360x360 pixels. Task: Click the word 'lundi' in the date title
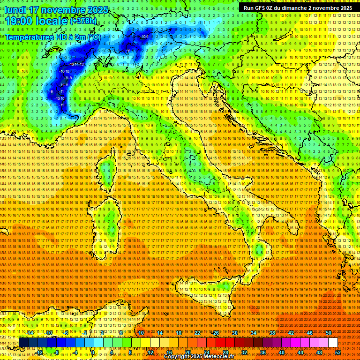(x=15, y=10)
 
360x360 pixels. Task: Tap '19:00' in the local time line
(x=20, y=21)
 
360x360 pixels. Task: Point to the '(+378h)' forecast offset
(x=83, y=21)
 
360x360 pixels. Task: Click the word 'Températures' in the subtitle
(x=29, y=37)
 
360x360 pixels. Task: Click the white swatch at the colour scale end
(x=333, y=343)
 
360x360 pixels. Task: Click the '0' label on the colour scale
(x=93, y=352)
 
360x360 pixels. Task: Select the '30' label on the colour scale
(x=235, y=333)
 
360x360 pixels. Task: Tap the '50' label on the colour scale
(x=329, y=333)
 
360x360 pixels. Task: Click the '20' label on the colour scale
(x=187, y=352)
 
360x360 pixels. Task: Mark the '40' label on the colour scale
(x=282, y=352)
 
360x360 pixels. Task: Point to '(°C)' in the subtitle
(x=93, y=37)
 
